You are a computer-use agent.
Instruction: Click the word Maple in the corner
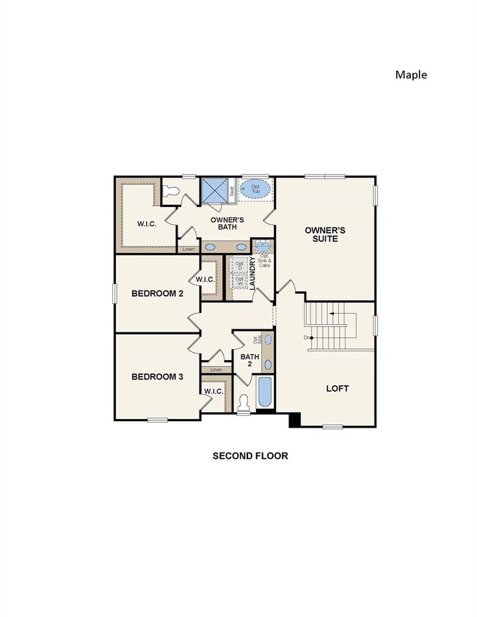tap(410, 74)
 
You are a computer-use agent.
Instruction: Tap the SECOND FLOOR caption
tap(250, 456)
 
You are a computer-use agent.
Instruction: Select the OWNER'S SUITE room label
tap(324, 235)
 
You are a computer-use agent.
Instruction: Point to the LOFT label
tap(337, 388)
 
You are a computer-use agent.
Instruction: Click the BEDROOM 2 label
tap(157, 293)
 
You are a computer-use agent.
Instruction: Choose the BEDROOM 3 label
tap(157, 377)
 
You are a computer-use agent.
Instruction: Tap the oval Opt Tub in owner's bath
tap(255, 190)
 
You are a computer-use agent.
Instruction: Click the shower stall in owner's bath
tap(214, 191)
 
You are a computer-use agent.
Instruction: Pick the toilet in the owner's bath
tap(172, 191)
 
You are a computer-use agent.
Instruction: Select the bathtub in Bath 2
tap(264, 393)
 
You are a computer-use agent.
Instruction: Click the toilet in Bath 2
tap(245, 403)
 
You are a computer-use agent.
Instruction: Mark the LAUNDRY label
tap(252, 272)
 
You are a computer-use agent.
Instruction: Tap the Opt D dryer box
tap(239, 265)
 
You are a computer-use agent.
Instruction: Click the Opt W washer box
tap(239, 281)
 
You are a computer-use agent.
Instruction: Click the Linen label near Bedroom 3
tap(216, 370)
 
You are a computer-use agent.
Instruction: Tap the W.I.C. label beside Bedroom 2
tap(203, 280)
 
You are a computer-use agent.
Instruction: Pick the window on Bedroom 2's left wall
tap(115, 292)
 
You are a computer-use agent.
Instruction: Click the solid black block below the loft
tap(294, 420)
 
